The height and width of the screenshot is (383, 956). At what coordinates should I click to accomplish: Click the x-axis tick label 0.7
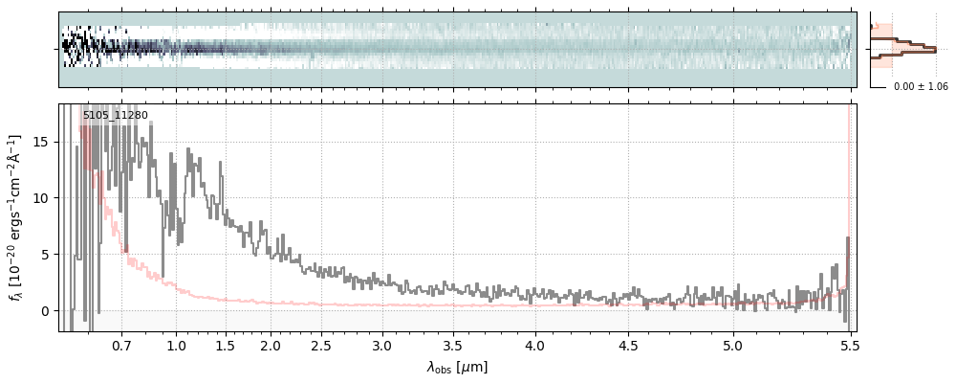(121, 345)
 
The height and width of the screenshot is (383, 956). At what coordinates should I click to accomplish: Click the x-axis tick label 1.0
(176, 345)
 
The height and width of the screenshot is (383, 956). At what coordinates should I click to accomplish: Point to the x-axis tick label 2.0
(271, 345)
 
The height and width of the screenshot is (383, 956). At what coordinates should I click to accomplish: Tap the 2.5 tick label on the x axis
(321, 345)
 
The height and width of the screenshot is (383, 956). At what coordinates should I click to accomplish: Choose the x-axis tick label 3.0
(381, 345)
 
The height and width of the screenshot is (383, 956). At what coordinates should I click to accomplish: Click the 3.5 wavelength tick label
(456, 345)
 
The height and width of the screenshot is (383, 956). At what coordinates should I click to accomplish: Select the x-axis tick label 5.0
(733, 345)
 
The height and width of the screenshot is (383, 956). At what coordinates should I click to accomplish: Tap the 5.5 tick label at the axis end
(850, 345)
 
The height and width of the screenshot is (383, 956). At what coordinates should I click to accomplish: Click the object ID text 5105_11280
(115, 116)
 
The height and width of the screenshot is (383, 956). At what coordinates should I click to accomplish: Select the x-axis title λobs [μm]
(457, 367)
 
